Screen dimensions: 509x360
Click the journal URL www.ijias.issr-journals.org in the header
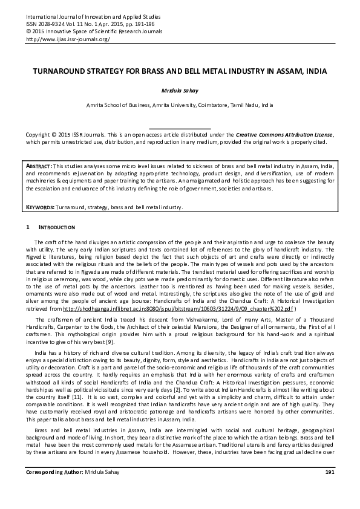pos(67,39)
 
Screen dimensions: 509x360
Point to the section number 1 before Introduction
pos(28,227)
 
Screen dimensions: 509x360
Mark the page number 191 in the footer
pos(329,488)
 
